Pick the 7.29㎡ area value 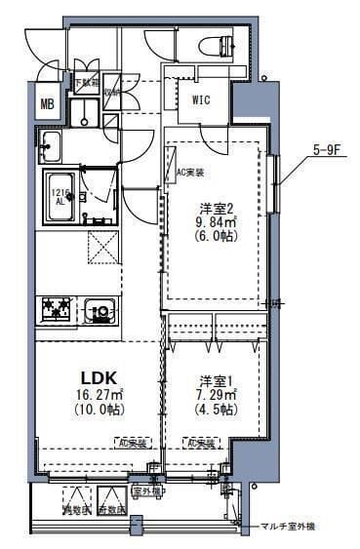(214, 394)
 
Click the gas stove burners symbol (57, 311)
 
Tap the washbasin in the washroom (50, 149)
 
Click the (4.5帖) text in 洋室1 (214, 411)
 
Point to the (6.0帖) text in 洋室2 (214, 235)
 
